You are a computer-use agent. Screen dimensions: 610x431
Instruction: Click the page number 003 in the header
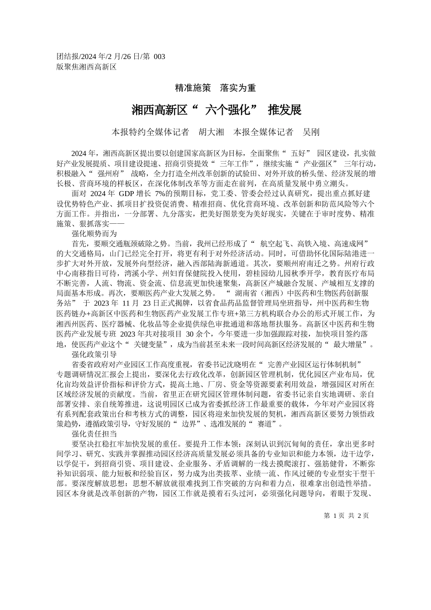(160, 57)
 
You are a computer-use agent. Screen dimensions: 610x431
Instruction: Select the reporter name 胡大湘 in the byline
(211, 132)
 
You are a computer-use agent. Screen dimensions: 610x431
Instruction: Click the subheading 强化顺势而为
(94, 234)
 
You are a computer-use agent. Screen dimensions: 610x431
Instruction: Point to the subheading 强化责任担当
(94, 434)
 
